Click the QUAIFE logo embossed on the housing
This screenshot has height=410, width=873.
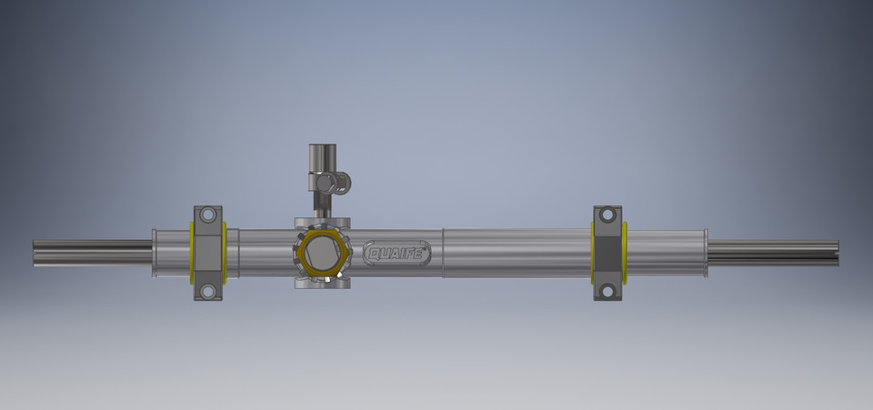click(x=397, y=253)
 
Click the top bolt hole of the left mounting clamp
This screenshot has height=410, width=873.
click(x=208, y=215)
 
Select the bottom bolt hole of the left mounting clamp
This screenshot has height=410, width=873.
click(x=208, y=291)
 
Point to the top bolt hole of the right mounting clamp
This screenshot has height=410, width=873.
click(x=607, y=215)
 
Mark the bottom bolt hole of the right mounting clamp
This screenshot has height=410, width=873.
click(x=607, y=291)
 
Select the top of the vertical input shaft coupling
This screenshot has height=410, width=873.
click(x=321, y=149)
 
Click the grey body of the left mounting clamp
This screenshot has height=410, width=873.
click(x=208, y=253)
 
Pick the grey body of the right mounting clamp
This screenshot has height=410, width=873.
click(x=607, y=253)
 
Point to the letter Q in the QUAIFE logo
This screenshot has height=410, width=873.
click(x=374, y=253)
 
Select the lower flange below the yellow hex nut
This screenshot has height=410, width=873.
click(x=323, y=283)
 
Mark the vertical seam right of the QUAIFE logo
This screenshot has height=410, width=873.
click(x=443, y=253)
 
